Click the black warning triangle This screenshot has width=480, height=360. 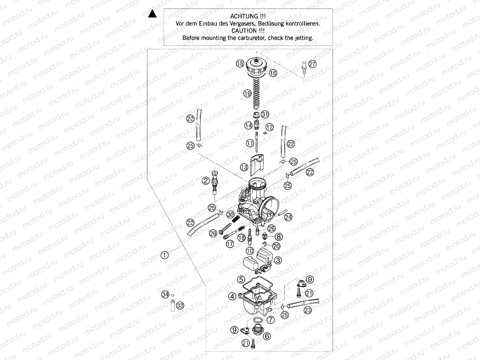[x=152, y=15]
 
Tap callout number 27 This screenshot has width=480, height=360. [x=311, y=64]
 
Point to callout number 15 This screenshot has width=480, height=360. [x=240, y=63]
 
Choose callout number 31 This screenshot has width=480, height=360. [x=265, y=114]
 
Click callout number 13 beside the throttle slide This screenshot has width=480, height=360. [x=244, y=167]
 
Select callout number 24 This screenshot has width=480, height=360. [x=288, y=218]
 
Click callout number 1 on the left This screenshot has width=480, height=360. [x=164, y=255]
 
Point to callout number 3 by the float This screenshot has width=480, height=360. [x=278, y=260]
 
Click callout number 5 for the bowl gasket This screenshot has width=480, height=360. [x=241, y=279]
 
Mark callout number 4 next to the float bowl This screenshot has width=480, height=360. [x=232, y=296]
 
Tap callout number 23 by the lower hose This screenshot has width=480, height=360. [x=308, y=310]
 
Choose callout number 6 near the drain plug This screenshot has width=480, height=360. [x=266, y=336]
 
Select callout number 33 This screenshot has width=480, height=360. [x=180, y=305]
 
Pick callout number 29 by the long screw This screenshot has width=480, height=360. [x=213, y=233]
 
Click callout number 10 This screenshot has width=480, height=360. [x=249, y=251]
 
